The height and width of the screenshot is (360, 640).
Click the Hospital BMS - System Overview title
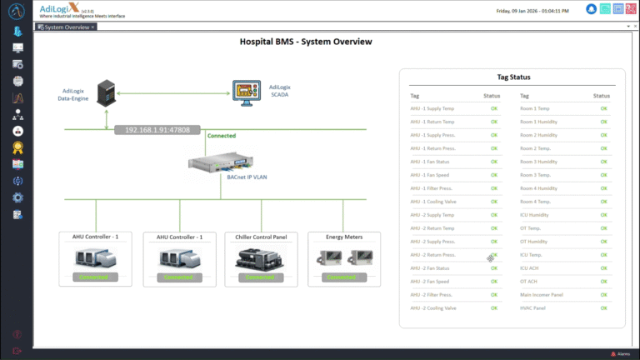pos(306,42)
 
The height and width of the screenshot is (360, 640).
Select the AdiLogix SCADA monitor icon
pos(247,92)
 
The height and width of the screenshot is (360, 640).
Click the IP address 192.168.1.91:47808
pos(157,130)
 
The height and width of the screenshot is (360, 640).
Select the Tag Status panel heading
pos(513,77)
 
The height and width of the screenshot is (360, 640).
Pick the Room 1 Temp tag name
pos(534,108)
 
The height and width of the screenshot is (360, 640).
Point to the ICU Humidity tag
pos(536,215)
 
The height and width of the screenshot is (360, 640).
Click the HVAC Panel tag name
pos(532,308)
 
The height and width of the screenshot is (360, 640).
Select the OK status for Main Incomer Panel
pos(604,295)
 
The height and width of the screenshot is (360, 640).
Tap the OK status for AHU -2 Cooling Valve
pos(494,308)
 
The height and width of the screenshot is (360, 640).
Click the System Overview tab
pos(66,27)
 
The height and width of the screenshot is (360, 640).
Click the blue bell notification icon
pos(592,9)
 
